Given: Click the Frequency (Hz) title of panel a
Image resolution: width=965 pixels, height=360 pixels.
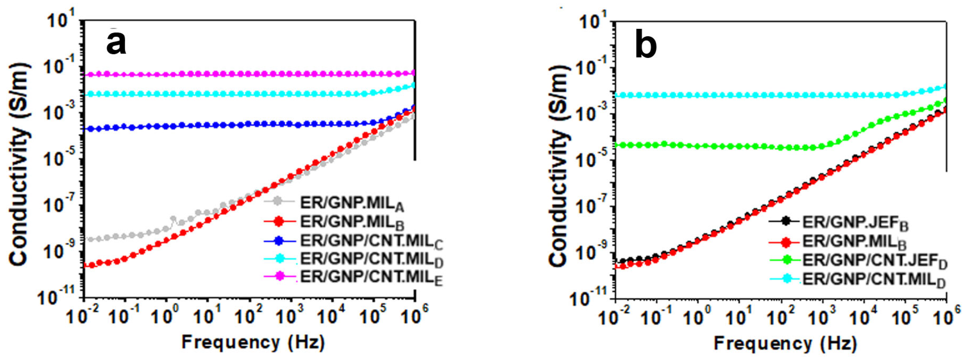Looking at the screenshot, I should pos(253,342).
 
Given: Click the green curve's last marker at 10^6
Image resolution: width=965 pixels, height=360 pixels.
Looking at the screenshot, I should pos(946,100).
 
